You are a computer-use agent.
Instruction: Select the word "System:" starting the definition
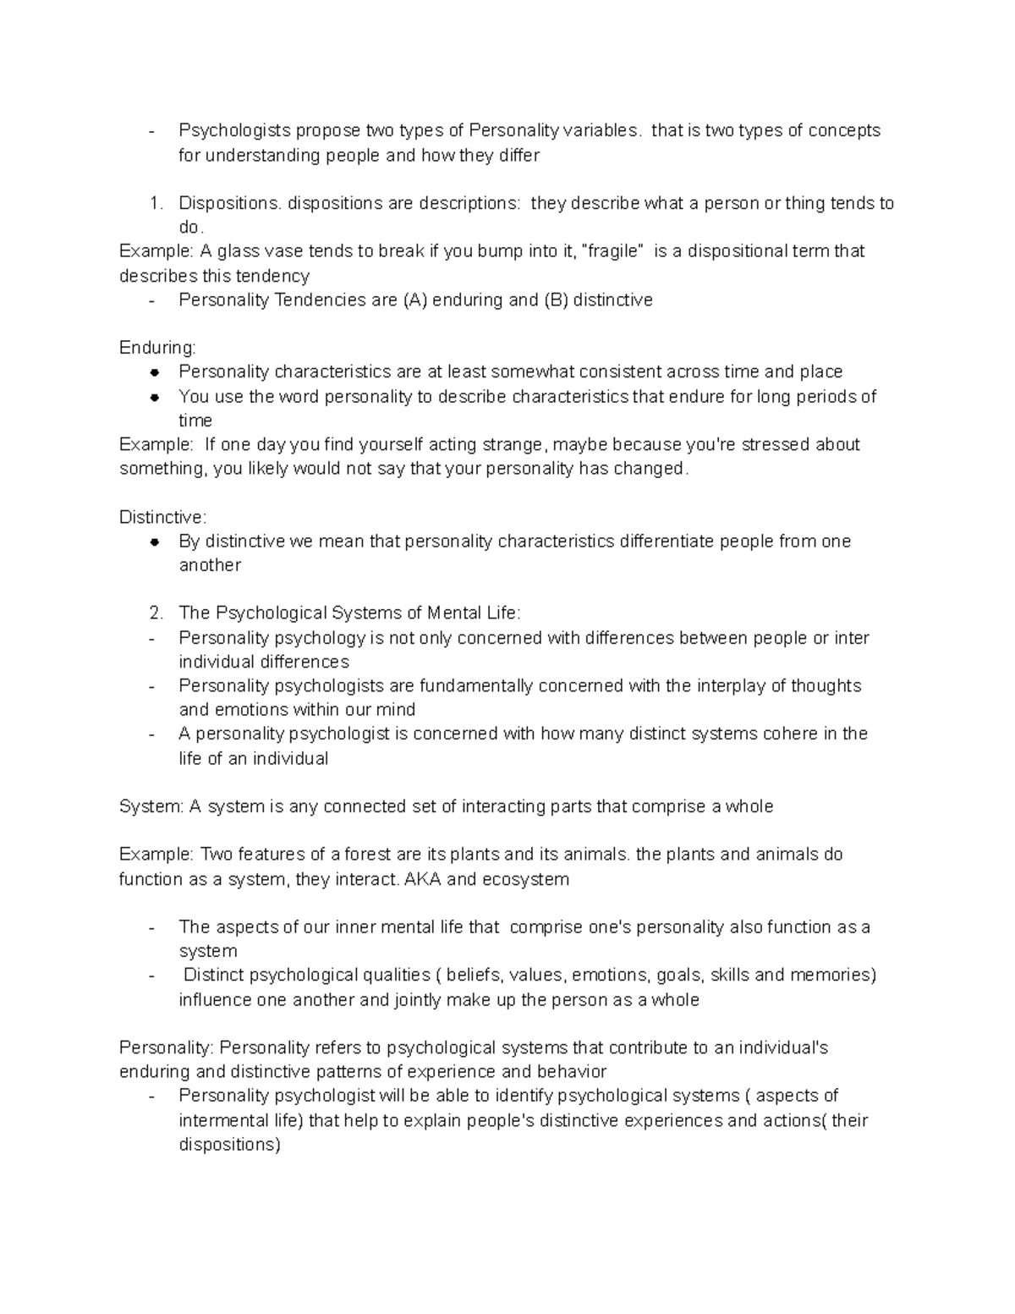[151, 806]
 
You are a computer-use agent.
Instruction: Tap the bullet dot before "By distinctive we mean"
[154, 542]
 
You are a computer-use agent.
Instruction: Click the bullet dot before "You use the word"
[154, 396]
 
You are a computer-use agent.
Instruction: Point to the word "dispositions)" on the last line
[229, 1145]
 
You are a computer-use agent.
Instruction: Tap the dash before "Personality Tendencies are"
[151, 300]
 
